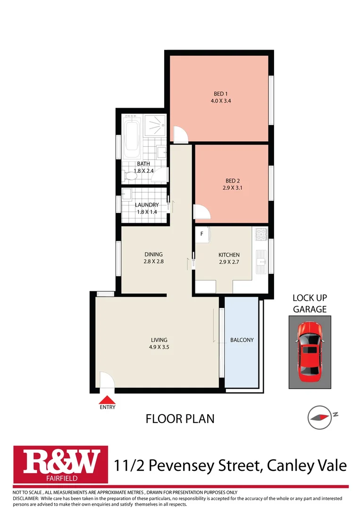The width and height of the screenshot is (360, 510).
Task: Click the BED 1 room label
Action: [221, 93]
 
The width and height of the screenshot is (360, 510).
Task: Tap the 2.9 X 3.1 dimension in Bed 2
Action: [232, 187]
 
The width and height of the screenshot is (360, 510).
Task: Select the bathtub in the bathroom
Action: [132, 136]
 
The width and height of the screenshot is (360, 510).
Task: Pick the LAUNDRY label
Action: [147, 205]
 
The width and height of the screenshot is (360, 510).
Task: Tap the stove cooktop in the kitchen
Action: [261, 235]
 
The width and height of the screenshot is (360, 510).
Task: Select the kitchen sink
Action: [261, 262]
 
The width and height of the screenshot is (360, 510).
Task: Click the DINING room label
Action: [154, 255]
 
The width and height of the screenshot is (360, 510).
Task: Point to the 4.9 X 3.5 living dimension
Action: [159, 347]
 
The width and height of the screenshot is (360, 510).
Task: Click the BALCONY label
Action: [242, 340]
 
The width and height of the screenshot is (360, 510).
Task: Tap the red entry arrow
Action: [107, 400]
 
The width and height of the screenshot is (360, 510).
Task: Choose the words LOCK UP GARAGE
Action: [310, 304]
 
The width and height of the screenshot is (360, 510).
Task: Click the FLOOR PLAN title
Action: [180, 419]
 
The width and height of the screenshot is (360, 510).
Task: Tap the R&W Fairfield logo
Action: [61, 464]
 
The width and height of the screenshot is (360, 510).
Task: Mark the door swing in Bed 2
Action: [202, 212]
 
